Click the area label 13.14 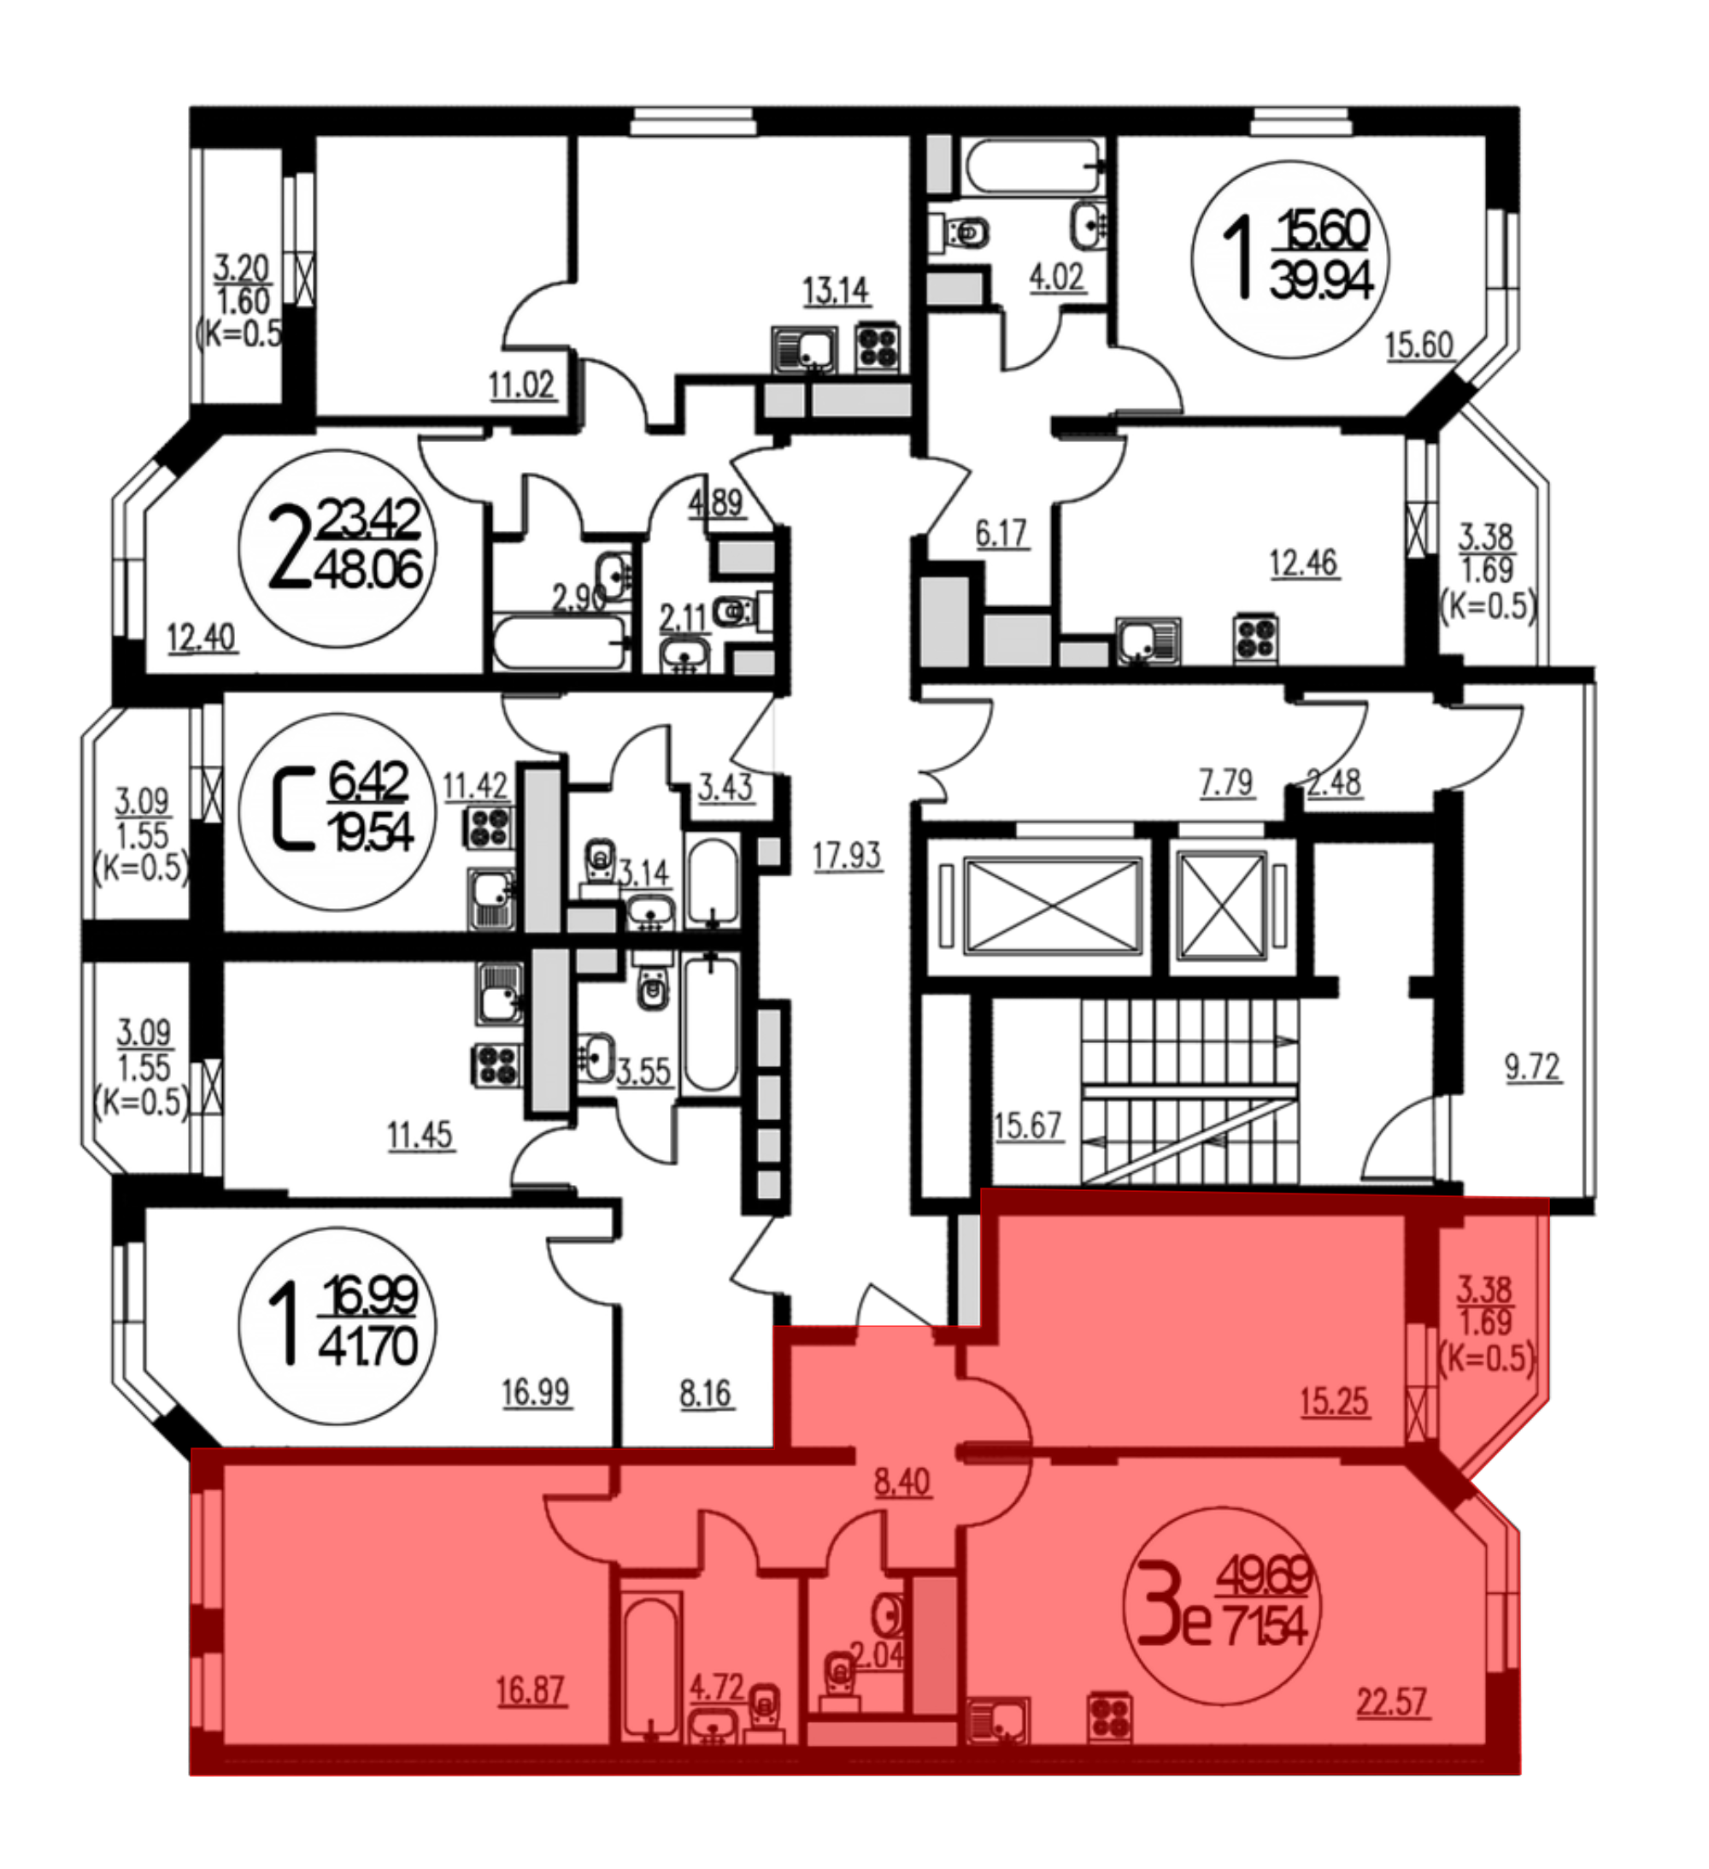[x=835, y=291]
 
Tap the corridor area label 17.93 [x=847, y=855]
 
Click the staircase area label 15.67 [x=1027, y=1126]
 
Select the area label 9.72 [x=1533, y=1067]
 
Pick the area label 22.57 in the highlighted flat [x=1392, y=1702]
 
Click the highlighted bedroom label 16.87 [x=531, y=1690]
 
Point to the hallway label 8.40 [x=902, y=1482]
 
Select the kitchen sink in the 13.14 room [x=802, y=350]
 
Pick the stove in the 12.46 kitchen [x=1256, y=640]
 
